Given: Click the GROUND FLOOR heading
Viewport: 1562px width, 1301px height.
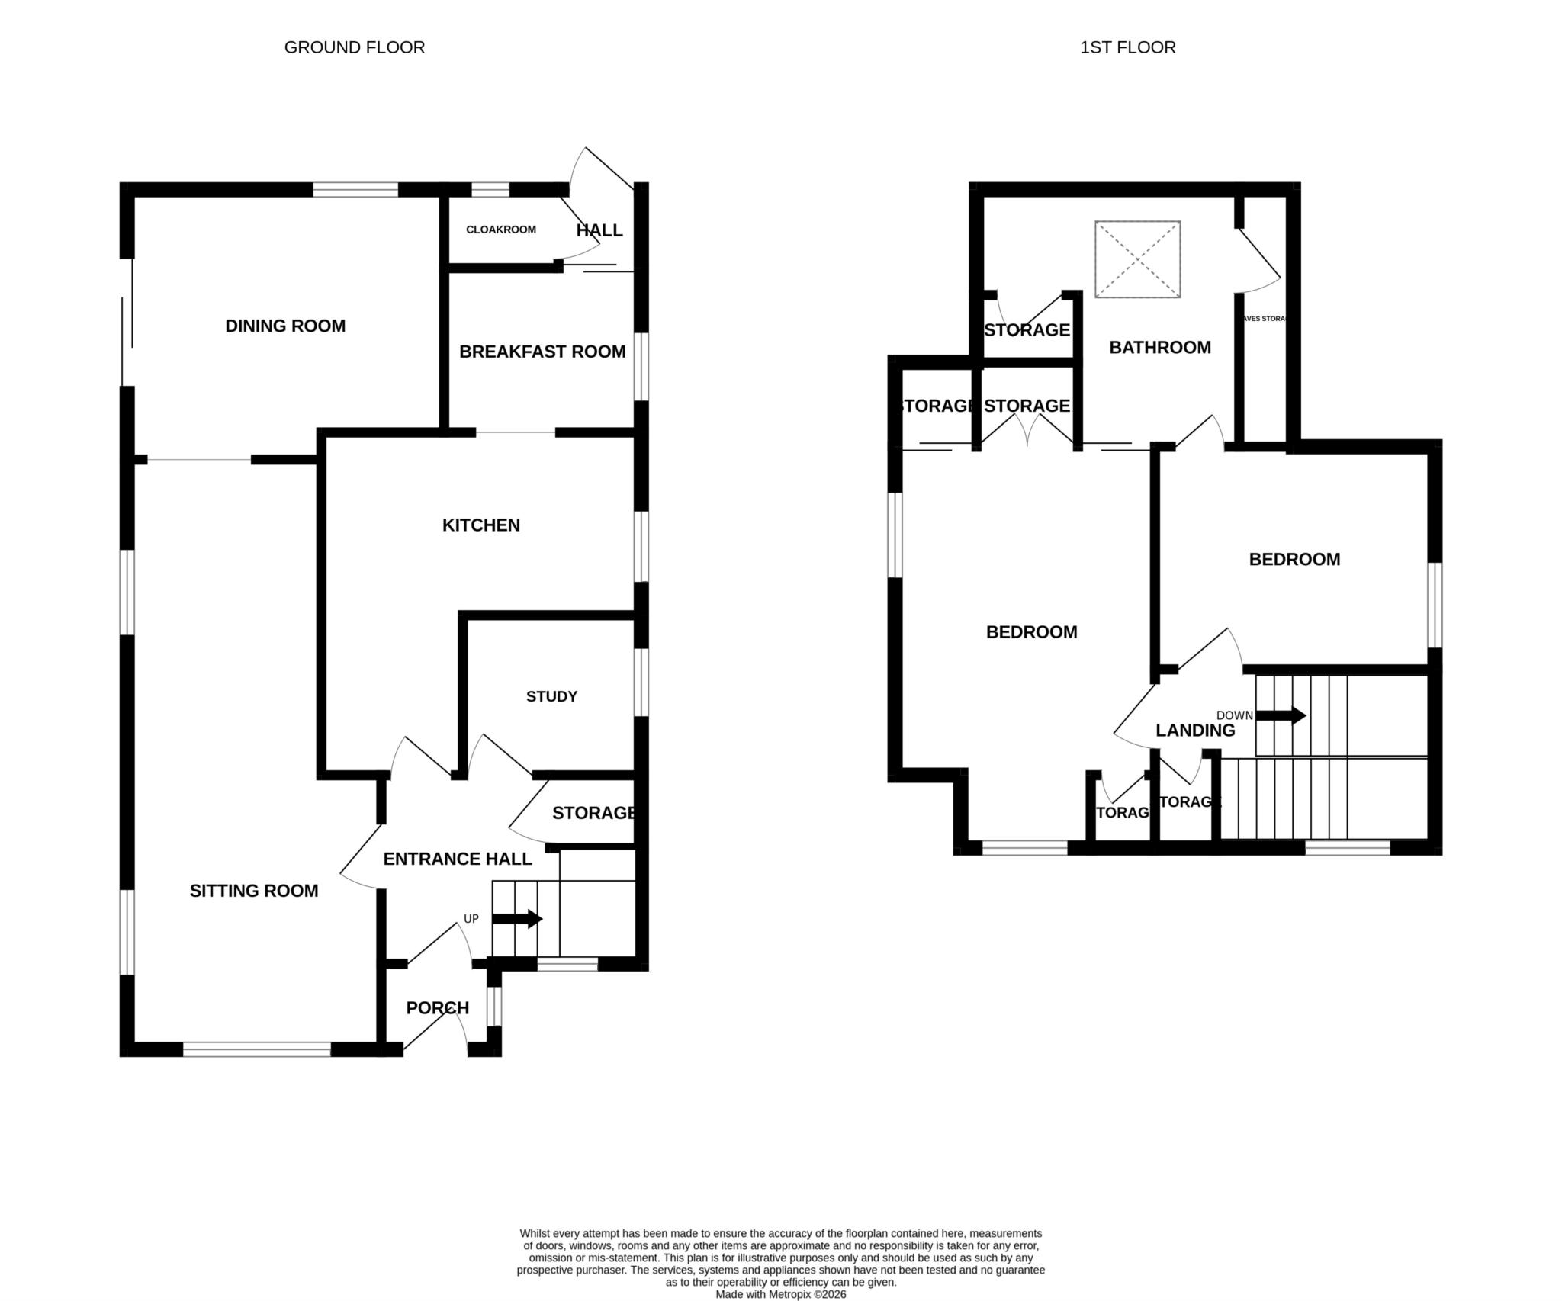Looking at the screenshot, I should (354, 47).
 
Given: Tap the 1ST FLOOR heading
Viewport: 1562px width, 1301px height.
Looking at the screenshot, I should (1127, 47).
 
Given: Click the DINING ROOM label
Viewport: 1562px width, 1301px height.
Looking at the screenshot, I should (285, 326).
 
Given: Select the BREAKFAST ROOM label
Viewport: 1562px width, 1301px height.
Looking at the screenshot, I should (542, 352).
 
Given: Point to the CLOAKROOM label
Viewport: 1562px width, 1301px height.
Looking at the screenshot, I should (501, 230).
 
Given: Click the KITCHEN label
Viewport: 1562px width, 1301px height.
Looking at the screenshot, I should (481, 525).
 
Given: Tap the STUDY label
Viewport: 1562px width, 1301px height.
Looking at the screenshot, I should (551, 696).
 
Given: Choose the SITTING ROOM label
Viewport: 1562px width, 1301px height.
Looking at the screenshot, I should (254, 890).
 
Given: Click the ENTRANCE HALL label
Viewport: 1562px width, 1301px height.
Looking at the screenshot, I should (458, 859).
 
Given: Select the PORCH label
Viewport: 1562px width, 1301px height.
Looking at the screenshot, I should (438, 1007).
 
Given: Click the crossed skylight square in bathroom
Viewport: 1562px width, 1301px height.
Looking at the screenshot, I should (1137, 259).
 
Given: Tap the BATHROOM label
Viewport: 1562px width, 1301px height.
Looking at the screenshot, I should (1160, 347).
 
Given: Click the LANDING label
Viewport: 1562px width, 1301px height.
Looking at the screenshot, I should (1195, 730).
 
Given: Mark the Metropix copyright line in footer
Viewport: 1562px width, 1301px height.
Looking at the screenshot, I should (780, 1294).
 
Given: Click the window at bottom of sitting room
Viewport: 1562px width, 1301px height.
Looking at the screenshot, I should (256, 1049).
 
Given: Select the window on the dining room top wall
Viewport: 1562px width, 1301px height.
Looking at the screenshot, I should (355, 189).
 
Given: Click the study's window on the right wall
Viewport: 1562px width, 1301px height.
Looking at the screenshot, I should (641, 682).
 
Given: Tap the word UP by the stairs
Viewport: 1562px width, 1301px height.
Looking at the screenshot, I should (471, 918).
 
